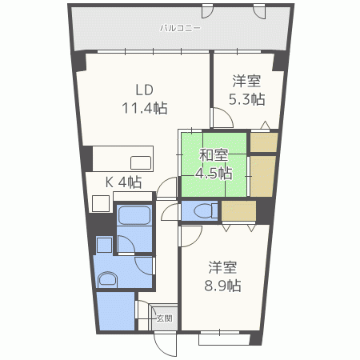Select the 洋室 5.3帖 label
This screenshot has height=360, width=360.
point(247,90)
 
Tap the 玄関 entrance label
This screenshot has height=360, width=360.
point(164,318)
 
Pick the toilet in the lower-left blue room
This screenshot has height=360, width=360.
point(107,278)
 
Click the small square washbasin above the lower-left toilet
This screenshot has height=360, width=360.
point(104,243)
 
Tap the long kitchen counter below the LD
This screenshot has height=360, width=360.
point(119,157)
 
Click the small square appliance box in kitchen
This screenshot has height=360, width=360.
point(100,202)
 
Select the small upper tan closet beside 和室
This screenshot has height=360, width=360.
point(264,142)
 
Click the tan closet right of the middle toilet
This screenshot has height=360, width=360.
point(239,211)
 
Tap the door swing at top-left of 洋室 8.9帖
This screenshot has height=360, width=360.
point(190,236)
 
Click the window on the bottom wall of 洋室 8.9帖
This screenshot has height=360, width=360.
point(224,338)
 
